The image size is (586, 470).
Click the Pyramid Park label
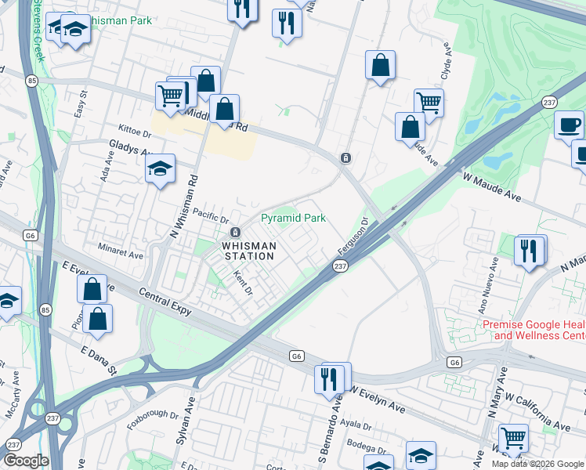[293, 219]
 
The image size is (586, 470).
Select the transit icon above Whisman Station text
[235, 233]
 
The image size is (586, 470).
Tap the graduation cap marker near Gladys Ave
[160, 168]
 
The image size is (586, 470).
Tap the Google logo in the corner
[26, 461]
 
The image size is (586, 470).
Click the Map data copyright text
[537, 464]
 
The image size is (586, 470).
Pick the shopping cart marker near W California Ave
[513, 437]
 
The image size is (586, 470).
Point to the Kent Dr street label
[243, 284]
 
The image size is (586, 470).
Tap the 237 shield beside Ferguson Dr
[339, 267]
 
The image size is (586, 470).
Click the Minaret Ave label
[121, 255]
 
